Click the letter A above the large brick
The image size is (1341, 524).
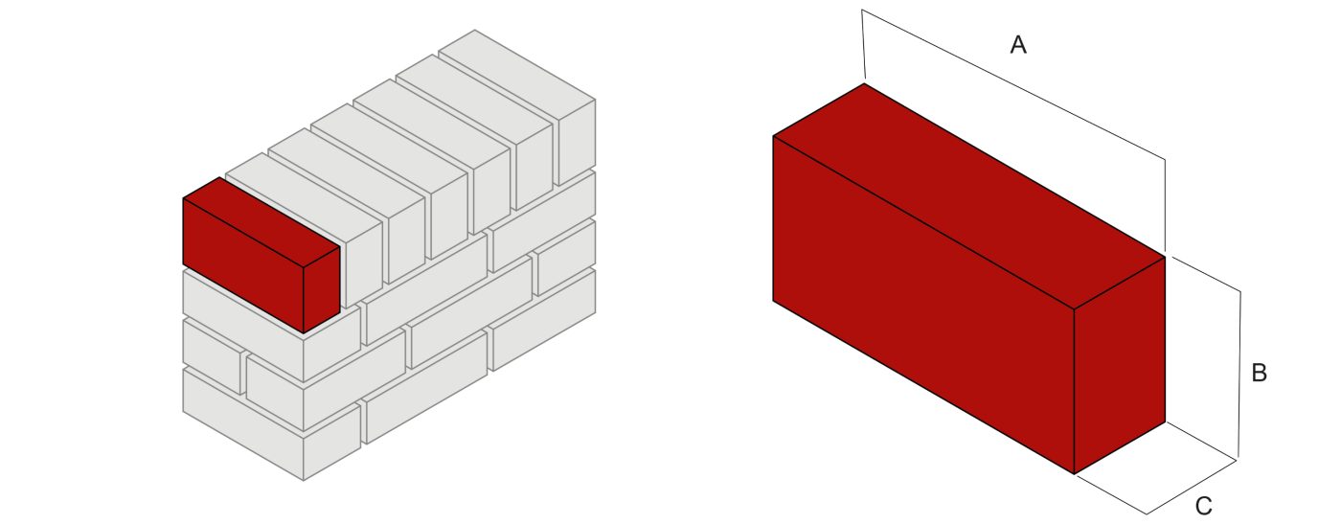pos(1018,44)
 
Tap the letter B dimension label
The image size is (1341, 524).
pos(1260,374)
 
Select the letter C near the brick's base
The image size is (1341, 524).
pos(1204,506)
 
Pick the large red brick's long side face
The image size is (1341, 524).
pos(922,305)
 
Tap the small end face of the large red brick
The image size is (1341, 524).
pos(1119,364)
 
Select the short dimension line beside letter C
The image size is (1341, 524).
pos(1192,487)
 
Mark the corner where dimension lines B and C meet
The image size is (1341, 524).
pos(1238,460)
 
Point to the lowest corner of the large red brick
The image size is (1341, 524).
pos(1074,473)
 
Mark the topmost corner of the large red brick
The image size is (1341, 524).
pos(864,83)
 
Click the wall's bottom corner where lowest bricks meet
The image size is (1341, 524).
pos(304,480)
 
